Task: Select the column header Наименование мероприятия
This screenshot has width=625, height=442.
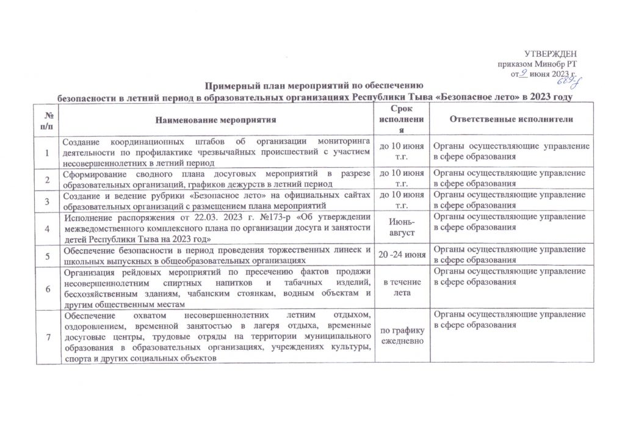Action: (x=215, y=120)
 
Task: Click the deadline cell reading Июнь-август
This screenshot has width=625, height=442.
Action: (x=402, y=228)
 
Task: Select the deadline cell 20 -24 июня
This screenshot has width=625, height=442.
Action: (x=402, y=254)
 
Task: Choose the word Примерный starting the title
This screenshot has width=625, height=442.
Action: (x=228, y=86)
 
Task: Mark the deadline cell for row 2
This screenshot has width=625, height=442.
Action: (x=402, y=179)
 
